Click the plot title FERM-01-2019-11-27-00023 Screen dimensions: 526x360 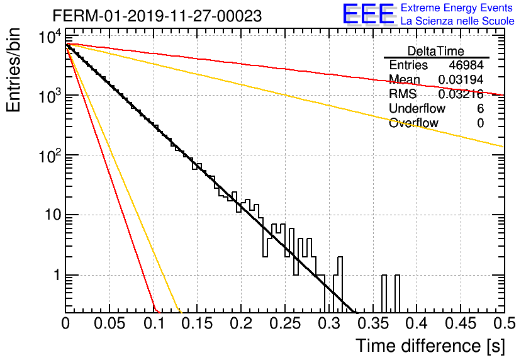157,16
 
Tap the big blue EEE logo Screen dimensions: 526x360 369,14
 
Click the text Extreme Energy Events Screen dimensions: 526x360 457,8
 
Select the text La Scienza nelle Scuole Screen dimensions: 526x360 457,21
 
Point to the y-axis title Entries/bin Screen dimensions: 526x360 13,70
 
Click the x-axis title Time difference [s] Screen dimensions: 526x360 430,346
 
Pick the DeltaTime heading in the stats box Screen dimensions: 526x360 436,51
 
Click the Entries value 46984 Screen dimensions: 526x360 466,65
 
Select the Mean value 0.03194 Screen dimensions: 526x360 461,79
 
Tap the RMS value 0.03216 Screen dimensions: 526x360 461,94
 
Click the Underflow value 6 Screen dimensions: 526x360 480,108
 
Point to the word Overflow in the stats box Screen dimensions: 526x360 413,123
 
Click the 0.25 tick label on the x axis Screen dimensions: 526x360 285,323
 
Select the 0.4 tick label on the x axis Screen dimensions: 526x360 417,323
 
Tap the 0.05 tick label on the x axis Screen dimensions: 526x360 109,323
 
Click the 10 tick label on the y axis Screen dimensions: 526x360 53,215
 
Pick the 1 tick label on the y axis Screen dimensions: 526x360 57,275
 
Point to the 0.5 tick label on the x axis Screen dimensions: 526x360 505,323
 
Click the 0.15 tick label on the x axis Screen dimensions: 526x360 198,323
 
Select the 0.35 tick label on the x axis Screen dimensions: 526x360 373,323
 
